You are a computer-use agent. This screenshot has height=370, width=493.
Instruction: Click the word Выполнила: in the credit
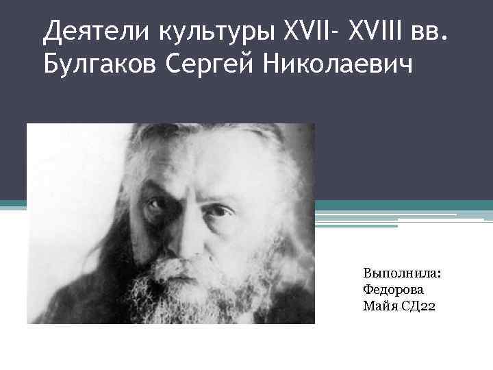[402, 273]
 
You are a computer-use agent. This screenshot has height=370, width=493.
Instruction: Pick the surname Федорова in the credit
[394, 289]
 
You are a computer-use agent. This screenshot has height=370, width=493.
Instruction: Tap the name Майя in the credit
[378, 305]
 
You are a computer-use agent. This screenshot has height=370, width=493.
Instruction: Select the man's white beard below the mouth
[181, 301]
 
